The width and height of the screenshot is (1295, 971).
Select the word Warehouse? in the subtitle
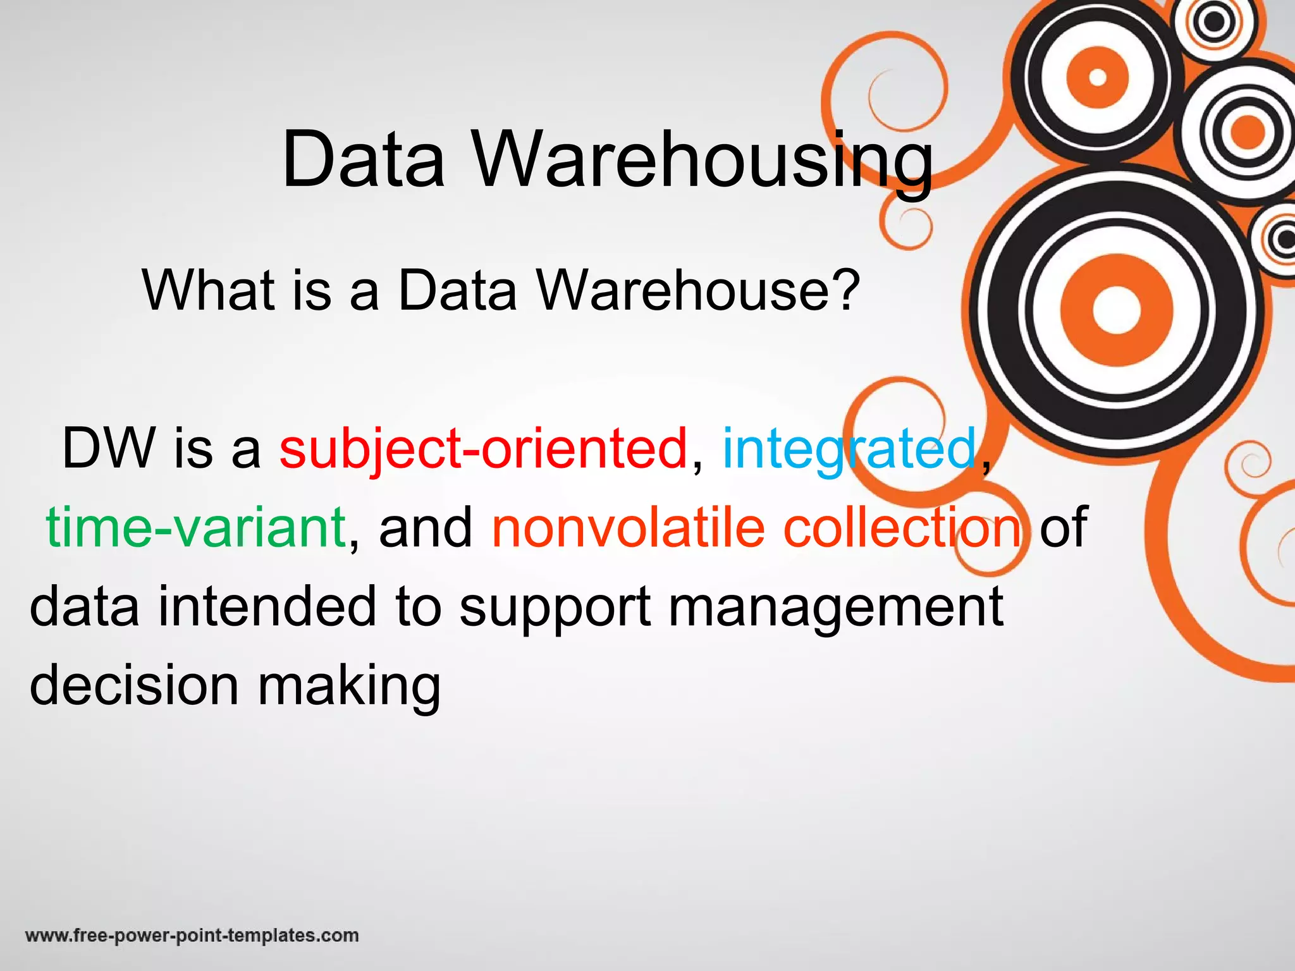coord(699,290)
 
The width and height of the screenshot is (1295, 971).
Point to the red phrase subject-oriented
coord(483,449)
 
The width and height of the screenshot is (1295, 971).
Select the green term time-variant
coord(195,527)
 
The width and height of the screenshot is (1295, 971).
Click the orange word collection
coord(902,527)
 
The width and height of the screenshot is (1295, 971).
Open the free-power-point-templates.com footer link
coord(192,936)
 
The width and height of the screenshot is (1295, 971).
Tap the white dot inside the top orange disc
coord(1097,78)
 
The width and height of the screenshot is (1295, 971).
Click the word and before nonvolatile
coord(426,527)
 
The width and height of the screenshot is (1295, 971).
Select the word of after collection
coord(1063,527)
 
